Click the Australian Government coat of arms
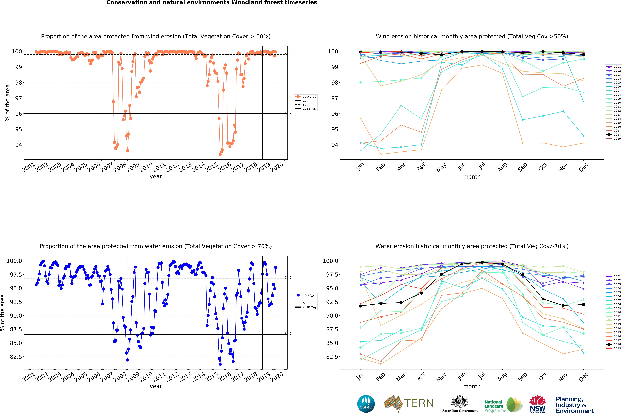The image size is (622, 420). [x=460, y=401]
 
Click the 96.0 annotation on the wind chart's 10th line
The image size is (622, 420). [x=288, y=112]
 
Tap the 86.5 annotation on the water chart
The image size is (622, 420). [x=288, y=333]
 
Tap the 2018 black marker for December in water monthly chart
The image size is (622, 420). [x=583, y=304]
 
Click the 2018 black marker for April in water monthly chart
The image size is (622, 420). [x=421, y=293]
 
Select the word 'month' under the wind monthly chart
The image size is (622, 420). [x=472, y=177]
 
